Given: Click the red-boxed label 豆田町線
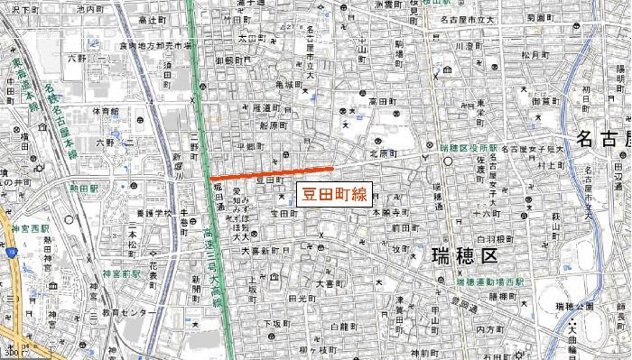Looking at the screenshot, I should [x=332, y=192].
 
